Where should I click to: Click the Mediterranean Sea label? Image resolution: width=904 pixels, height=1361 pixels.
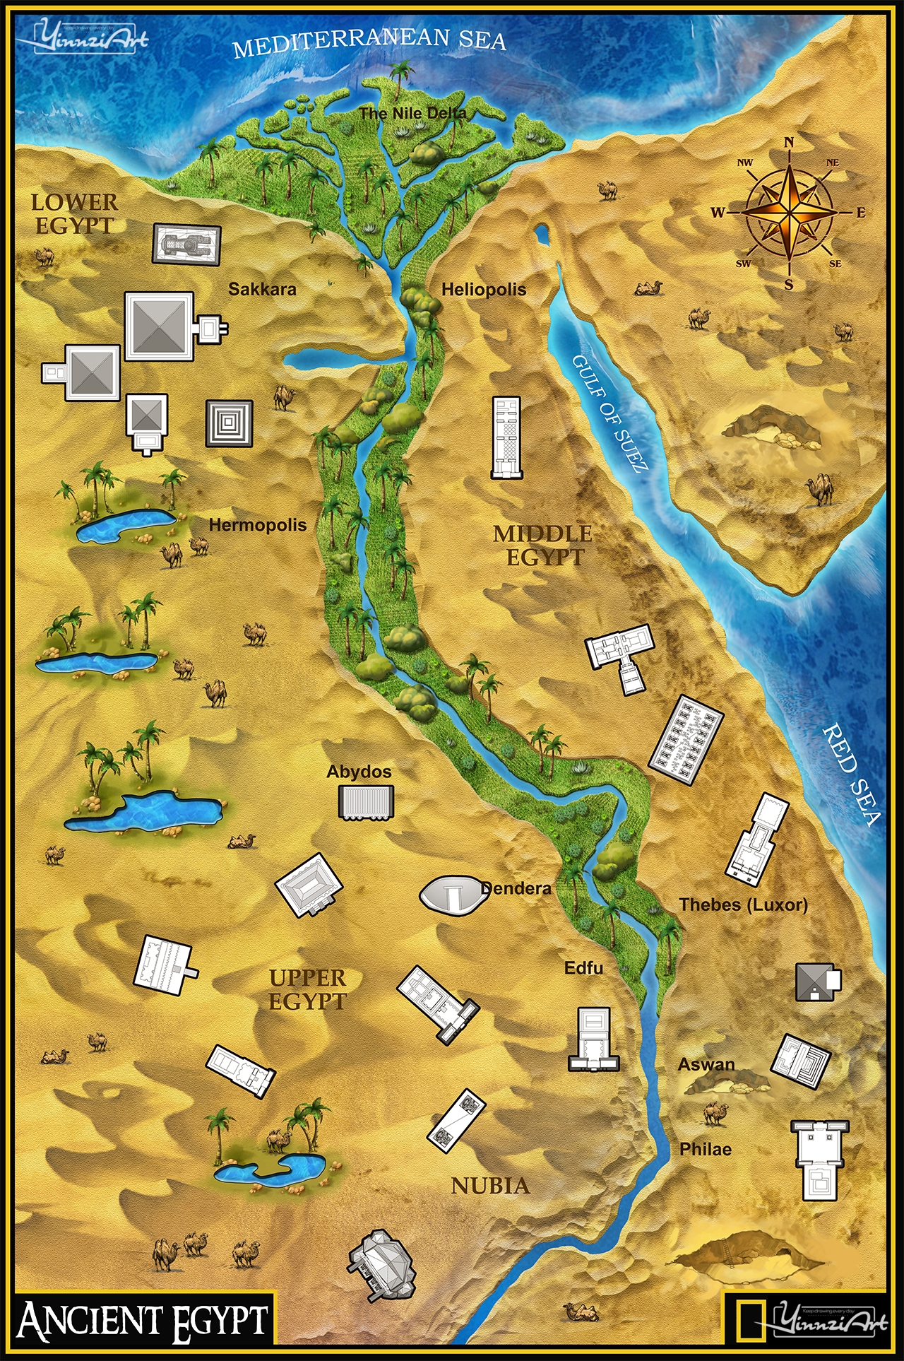click(369, 41)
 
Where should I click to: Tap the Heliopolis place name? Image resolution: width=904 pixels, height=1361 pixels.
click(484, 289)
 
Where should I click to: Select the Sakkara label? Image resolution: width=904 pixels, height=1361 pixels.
click(262, 288)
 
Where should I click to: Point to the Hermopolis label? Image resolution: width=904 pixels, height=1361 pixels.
click(258, 525)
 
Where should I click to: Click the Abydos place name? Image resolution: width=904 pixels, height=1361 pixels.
click(359, 772)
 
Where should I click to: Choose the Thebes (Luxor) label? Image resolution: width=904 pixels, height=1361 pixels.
click(743, 905)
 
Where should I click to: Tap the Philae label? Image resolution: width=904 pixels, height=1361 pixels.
click(705, 1149)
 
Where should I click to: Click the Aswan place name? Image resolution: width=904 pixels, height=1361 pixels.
click(706, 1064)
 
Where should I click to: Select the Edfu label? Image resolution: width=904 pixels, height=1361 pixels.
click(583, 967)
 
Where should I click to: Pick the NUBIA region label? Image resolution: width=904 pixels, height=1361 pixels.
click(490, 1186)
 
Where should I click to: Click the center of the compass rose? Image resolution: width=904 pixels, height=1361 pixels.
click(789, 211)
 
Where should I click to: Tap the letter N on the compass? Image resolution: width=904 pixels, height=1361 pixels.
click(789, 142)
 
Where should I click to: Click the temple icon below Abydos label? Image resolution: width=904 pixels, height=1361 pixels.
click(365, 803)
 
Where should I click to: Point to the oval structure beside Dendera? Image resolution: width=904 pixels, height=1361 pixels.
click(452, 895)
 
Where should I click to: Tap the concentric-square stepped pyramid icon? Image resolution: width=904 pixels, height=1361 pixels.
click(230, 423)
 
